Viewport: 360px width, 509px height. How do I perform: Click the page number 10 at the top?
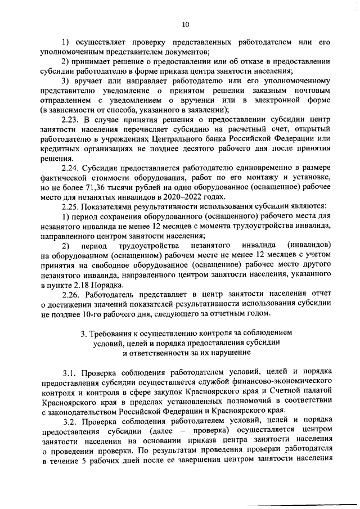(186, 24)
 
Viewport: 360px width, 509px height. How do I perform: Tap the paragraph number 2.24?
(70, 168)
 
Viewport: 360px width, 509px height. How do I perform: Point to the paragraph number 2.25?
(70, 207)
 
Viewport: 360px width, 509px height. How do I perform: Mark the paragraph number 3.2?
(71, 421)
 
